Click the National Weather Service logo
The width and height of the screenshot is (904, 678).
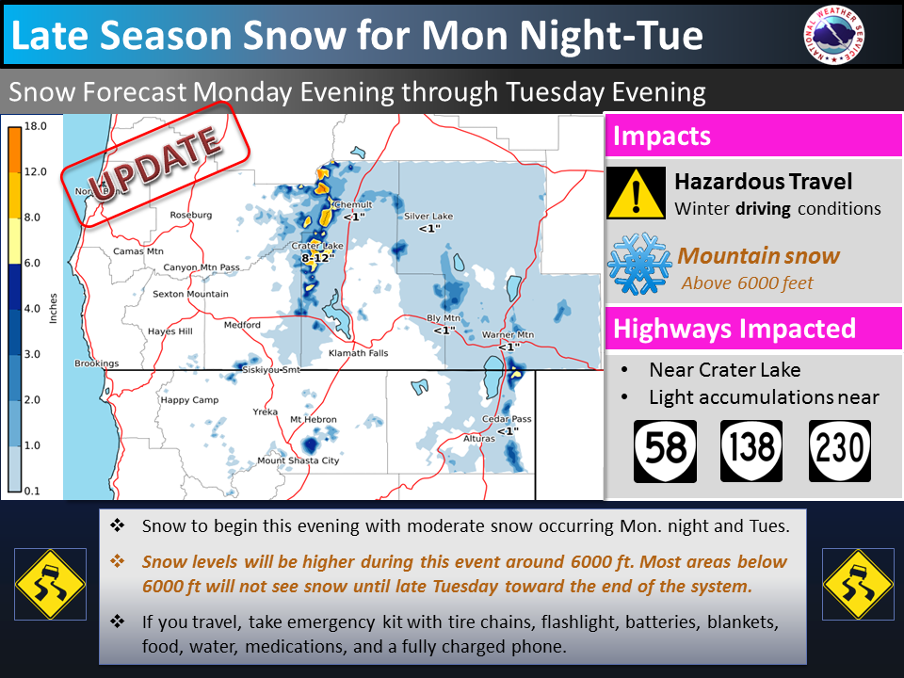[833, 35]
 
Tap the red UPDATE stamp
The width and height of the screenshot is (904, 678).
[155, 164]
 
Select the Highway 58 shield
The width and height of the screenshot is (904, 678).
[666, 451]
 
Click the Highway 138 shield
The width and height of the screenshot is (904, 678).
[751, 451]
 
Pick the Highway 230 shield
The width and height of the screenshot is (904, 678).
[839, 451]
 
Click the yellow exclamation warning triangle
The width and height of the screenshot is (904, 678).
[636, 193]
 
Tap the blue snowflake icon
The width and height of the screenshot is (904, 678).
[640, 263]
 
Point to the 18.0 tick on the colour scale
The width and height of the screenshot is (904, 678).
[35, 126]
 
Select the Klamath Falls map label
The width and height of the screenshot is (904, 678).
[358, 353]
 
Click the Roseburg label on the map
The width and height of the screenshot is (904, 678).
[191, 215]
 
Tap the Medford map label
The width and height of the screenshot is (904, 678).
[242, 325]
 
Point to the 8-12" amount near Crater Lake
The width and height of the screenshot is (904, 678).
[317, 258]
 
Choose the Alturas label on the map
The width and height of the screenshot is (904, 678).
[479, 439]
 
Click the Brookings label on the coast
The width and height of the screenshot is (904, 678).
[96, 363]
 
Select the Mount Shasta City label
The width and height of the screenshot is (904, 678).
[299, 460]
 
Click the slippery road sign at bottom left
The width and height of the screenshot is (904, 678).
[50, 584]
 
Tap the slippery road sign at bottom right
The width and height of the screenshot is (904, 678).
[859, 584]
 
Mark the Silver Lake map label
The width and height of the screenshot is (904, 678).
[428, 217]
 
